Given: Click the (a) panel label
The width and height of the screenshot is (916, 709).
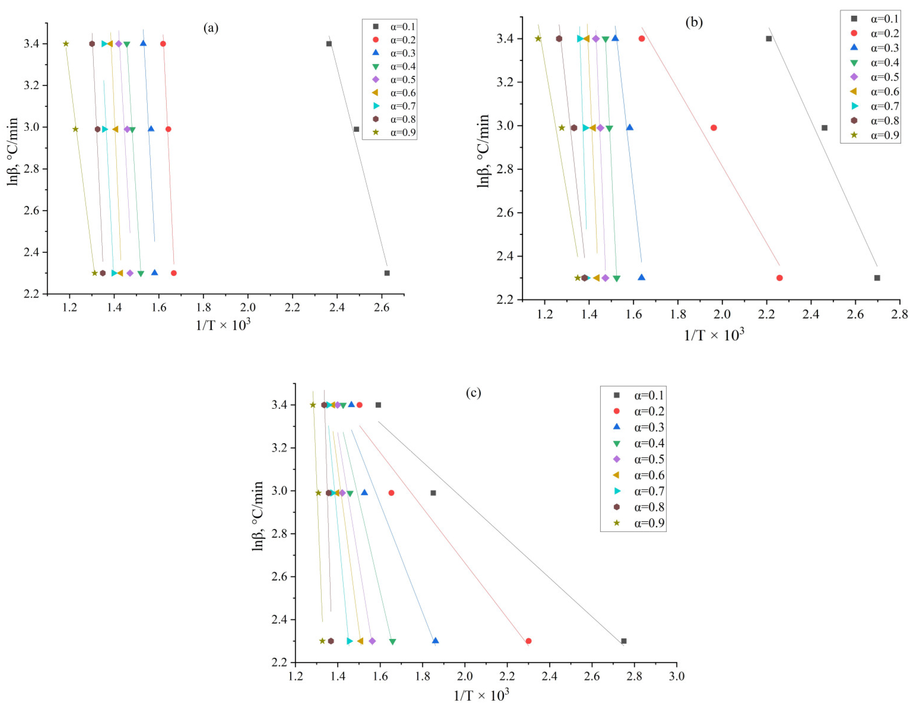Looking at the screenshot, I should click(x=211, y=28).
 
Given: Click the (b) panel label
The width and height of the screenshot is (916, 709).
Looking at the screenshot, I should click(x=694, y=22).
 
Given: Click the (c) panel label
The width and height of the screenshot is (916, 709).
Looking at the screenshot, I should click(x=473, y=393).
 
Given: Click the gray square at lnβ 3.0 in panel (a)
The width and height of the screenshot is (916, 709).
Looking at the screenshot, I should click(x=357, y=129).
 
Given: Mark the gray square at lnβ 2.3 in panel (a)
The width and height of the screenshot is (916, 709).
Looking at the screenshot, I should click(x=387, y=273).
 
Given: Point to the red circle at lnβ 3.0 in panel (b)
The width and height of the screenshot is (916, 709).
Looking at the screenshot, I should click(x=714, y=128).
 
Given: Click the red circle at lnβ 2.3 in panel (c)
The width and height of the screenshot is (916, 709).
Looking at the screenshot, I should click(x=529, y=641).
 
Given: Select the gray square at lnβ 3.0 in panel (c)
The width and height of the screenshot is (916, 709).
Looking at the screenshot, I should click(x=433, y=493).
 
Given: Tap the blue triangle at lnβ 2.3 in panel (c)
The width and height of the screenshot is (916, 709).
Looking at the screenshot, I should click(x=435, y=640).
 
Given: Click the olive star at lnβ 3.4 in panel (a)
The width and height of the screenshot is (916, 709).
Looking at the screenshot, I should click(x=66, y=44).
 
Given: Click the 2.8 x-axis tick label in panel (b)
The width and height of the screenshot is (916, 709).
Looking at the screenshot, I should click(x=899, y=314).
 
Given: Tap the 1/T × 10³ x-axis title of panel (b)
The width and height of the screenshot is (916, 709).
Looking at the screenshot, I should click(x=714, y=335).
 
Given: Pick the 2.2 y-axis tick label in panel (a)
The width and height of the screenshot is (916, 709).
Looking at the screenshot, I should click(x=32, y=294).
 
